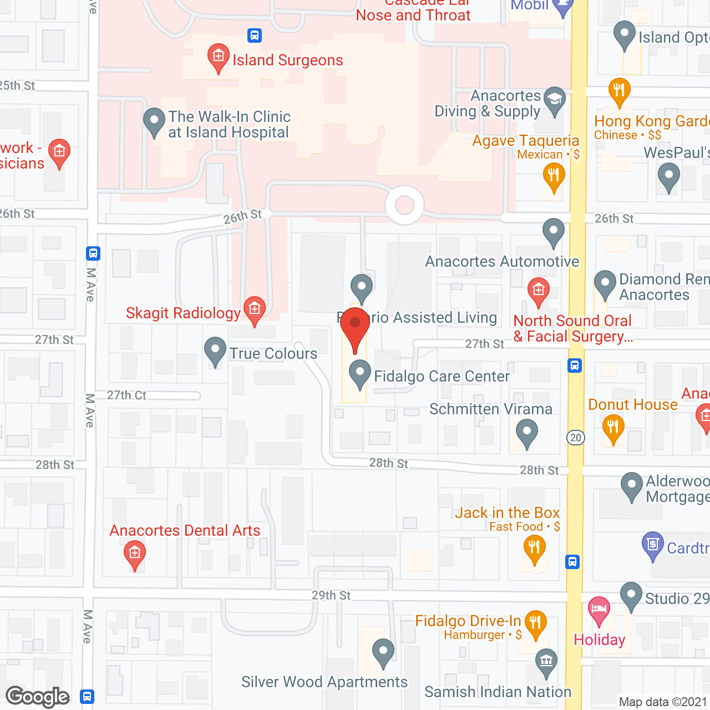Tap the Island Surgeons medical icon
tap(219, 57)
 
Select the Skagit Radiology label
tap(183, 313)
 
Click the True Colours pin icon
tap(215, 350)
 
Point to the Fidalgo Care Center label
tap(442, 377)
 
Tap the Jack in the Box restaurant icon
tap(534, 548)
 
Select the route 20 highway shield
tap(576, 438)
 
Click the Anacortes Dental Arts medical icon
tap(134, 554)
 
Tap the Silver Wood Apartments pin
tap(383, 651)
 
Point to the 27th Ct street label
tap(126, 395)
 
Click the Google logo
tap(38, 697)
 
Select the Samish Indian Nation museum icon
tap(546, 661)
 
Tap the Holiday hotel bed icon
tap(599, 610)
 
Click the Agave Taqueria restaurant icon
tap(554, 176)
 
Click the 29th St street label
tap(331, 596)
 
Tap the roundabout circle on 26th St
tap(404, 205)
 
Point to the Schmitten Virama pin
tap(526, 431)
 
